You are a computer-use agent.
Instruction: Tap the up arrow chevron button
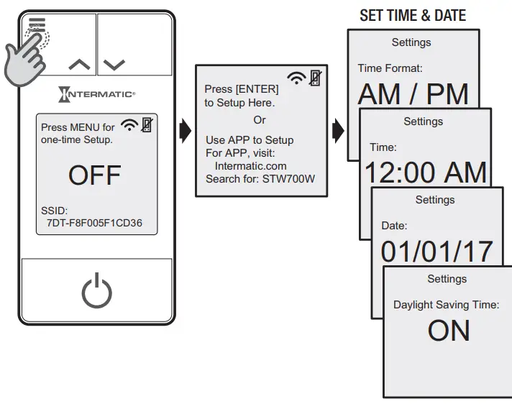point(79,64)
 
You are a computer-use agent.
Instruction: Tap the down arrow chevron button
point(114,64)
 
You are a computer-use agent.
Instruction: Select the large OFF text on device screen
point(95,175)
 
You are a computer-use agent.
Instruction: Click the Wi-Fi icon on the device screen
point(130,125)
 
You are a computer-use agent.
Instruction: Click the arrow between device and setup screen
point(185,132)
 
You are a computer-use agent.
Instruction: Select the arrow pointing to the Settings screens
point(338,132)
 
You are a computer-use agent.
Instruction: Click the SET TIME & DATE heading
point(412,15)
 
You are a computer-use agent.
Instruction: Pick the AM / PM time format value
point(413,94)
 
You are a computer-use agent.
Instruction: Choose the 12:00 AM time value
point(424,173)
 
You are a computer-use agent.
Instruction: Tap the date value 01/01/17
point(436,251)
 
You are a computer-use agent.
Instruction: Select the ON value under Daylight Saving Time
point(448,330)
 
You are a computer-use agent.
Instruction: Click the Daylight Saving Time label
point(446,305)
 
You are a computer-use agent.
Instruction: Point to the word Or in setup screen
point(260,120)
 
